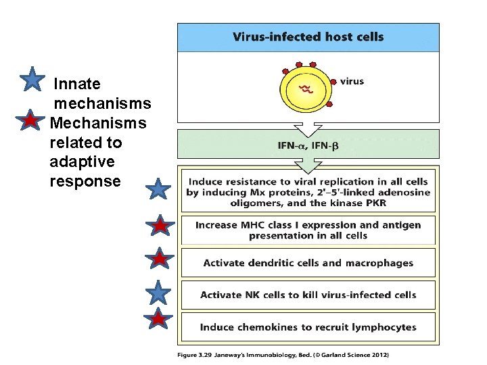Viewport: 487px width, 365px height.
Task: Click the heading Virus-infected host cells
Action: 308,37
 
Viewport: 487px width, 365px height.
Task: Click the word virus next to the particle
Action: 351,81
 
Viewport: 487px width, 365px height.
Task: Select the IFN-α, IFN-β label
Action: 308,145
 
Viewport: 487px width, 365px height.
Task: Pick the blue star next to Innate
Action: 32,80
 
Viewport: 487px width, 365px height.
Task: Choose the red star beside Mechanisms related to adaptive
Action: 30,122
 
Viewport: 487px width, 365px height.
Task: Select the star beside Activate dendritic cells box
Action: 158,259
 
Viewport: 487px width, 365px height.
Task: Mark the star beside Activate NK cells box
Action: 158,293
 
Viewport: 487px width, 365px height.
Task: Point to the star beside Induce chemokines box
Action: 158,320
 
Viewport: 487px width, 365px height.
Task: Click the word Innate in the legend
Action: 76,84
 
